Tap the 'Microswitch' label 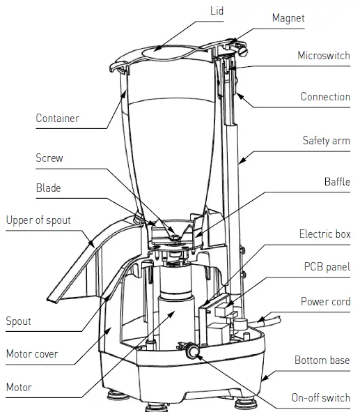point(324,55)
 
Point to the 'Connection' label point(325,97)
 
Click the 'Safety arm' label point(326,140)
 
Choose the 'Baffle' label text point(337,182)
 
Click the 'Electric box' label point(324,234)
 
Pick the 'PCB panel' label point(327,266)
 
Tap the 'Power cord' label point(325,301)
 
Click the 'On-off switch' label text point(320,398)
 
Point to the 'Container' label point(57,118)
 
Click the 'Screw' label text point(49,158)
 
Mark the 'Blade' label point(48,188)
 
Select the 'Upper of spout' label point(38,220)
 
